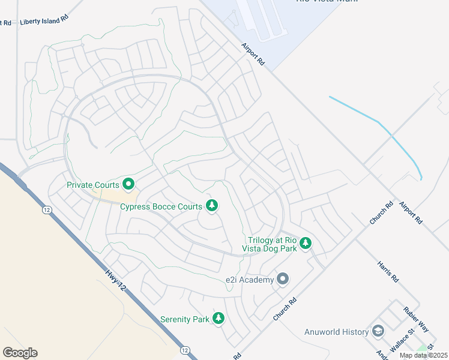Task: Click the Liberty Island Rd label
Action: [x=44, y=21]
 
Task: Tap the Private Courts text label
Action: [x=92, y=185]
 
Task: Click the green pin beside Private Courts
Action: [x=128, y=183]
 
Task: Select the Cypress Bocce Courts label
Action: [x=161, y=207]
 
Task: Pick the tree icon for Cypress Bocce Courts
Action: [x=211, y=206]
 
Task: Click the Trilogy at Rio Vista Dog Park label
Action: [x=268, y=244]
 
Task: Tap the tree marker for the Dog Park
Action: [x=306, y=242]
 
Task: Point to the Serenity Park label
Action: [x=185, y=319]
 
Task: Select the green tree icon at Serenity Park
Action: [x=219, y=318]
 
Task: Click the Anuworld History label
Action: [x=336, y=332]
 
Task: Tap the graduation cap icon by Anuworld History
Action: [x=378, y=331]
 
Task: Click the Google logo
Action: [x=20, y=353]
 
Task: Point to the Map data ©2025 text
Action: [x=423, y=355]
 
